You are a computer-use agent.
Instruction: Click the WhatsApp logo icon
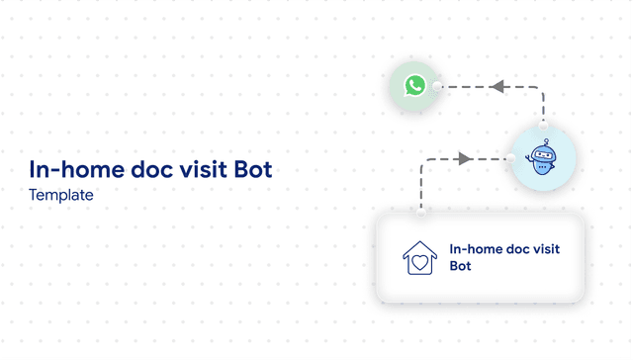414,86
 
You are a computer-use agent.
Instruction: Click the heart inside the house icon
419,263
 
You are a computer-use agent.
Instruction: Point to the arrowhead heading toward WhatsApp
498,87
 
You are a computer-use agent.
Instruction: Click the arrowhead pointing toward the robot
464,158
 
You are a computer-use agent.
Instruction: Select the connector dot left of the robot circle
511,158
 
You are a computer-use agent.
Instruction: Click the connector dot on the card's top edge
422,212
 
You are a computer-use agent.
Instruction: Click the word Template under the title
61,195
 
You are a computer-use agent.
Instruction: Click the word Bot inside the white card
460,266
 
